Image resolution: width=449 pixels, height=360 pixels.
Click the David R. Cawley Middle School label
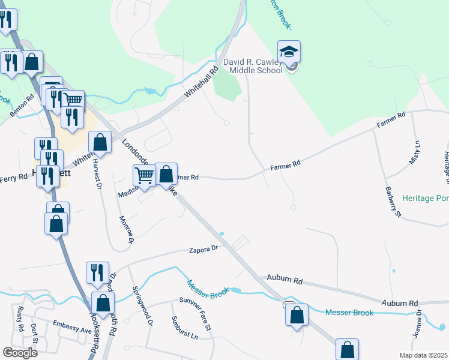point(252,66)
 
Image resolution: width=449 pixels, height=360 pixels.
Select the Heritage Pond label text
point(425,198)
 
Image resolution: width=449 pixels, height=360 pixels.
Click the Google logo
point(20,352)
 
